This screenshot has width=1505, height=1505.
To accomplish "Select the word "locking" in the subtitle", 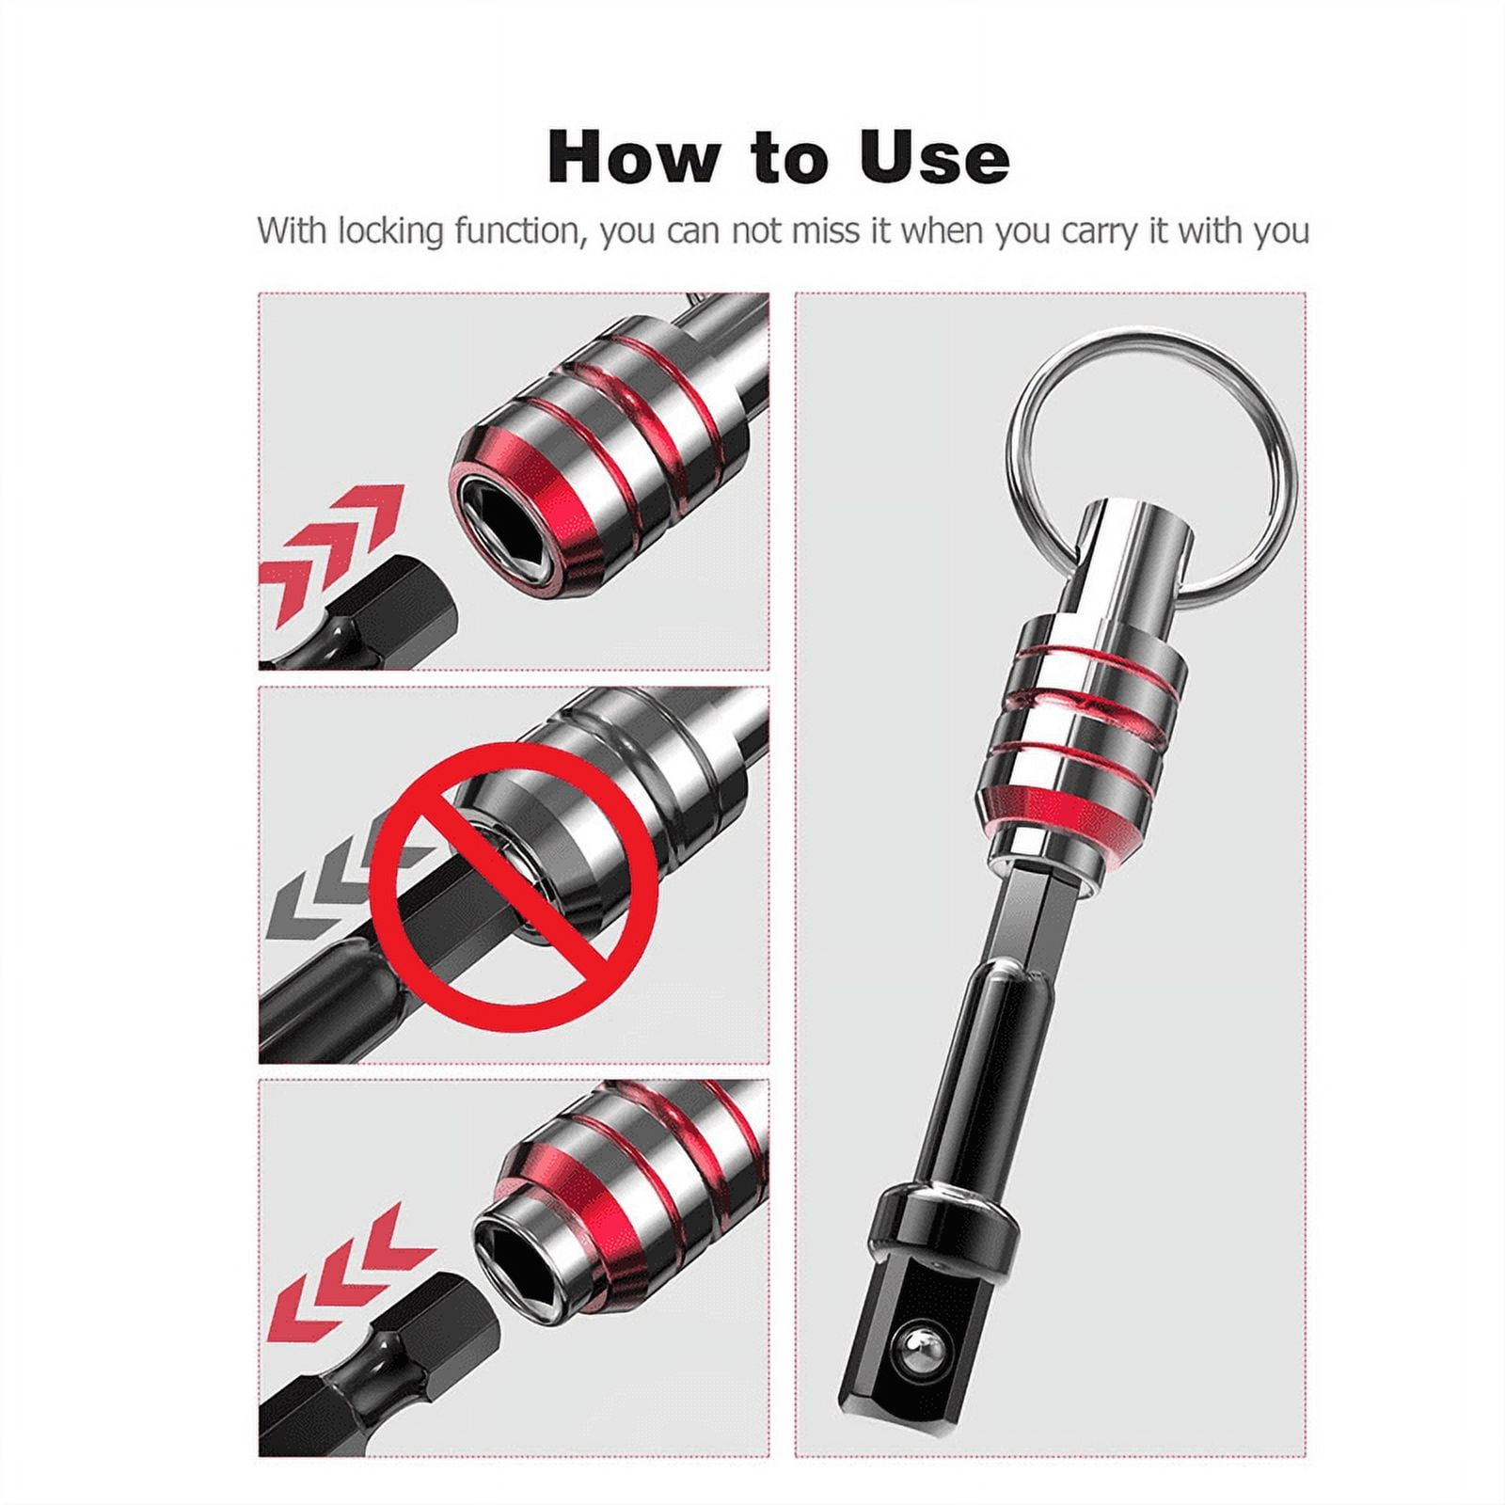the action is tap(390, 231).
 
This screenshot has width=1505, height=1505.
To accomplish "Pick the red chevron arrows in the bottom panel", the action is tap(349, 1275).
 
